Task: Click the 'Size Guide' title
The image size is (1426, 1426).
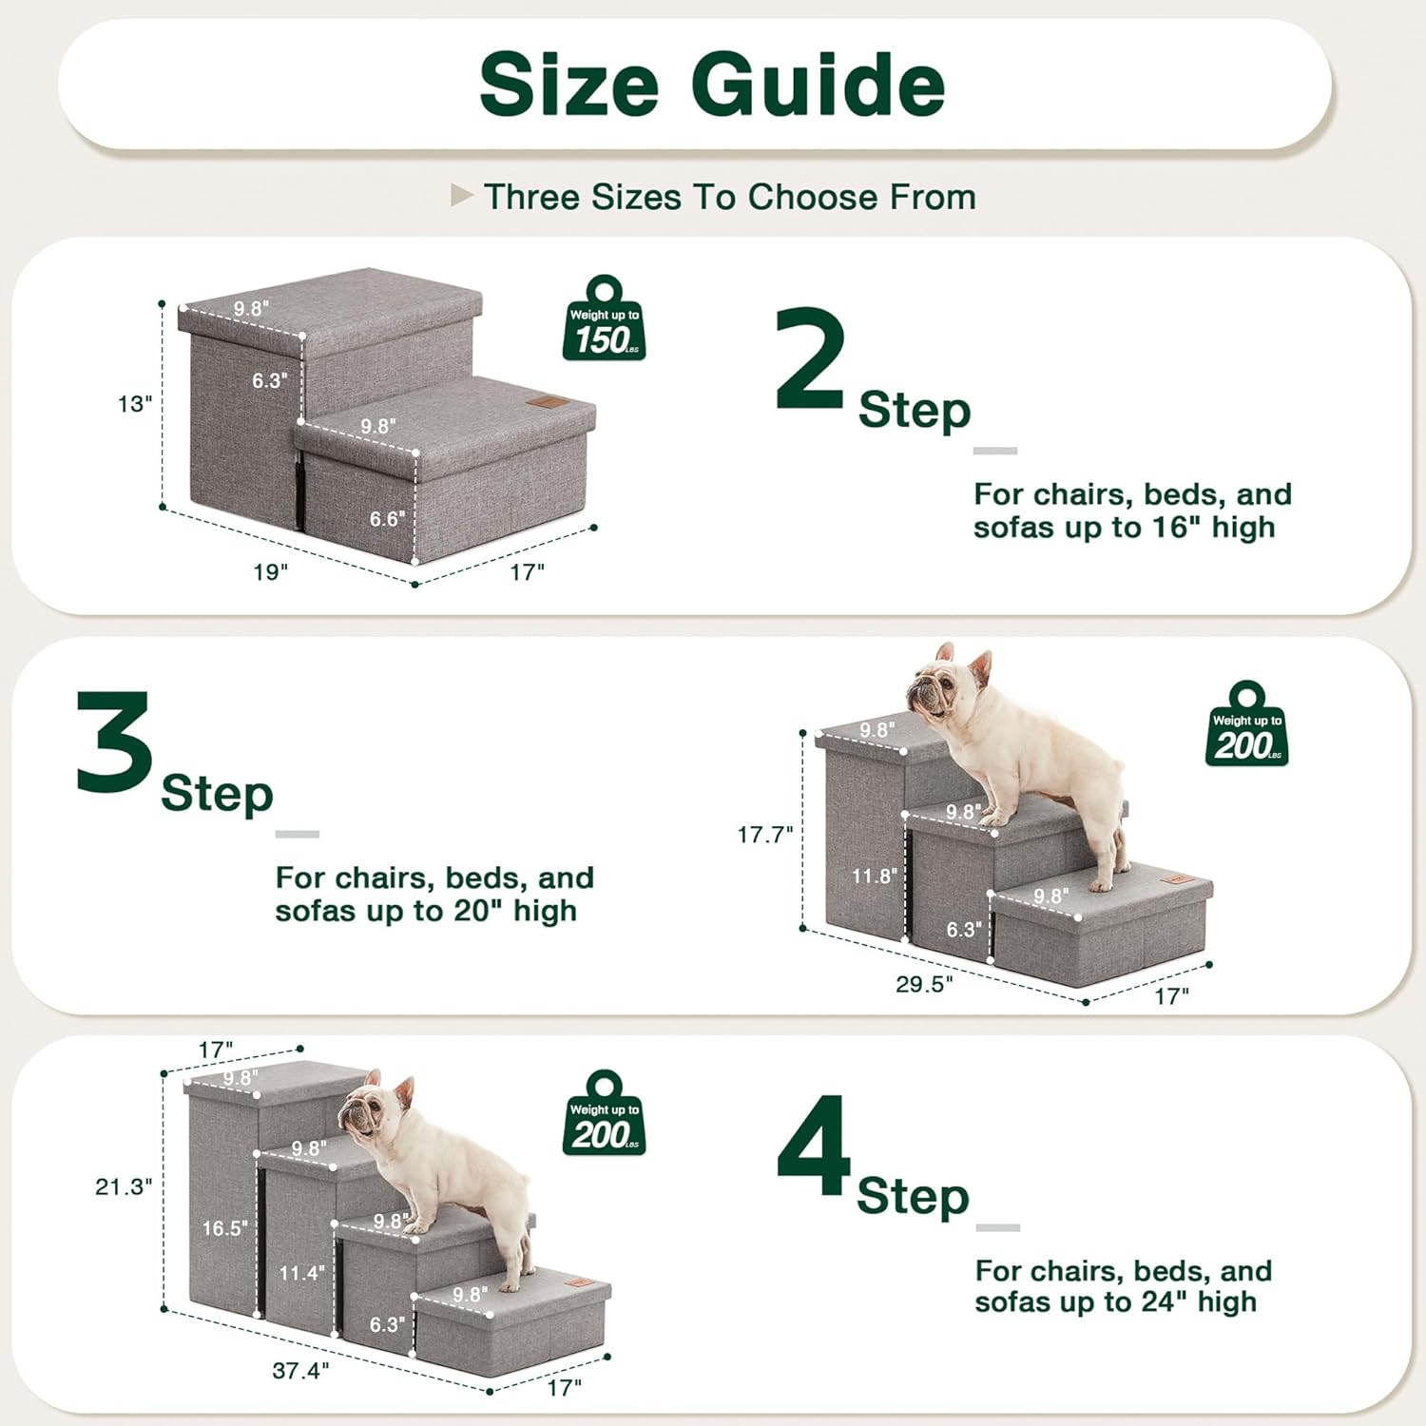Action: tap(712, 85)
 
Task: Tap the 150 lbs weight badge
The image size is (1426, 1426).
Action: tap(604, 319)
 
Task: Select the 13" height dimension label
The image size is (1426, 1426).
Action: tap(135, 404)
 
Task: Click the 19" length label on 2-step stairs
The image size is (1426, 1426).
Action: tap(270, 571)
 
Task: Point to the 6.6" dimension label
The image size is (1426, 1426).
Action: tap(387, 519)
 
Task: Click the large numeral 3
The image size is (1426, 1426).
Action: tap(114, 742)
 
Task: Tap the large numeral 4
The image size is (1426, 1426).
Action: tap(814, 1146)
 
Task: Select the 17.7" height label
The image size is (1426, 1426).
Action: tap(765, 835)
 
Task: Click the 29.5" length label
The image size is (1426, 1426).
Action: tap(923, 984)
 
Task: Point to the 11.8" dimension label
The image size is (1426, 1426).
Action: tap(874, 876)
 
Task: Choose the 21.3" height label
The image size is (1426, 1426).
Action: tap(124, 1186)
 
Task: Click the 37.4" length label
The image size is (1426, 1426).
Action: tap(300, 1371)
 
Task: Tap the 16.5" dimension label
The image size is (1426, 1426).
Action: tap(224, 1228)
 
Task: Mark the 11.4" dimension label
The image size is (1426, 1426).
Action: tap(301, 1273)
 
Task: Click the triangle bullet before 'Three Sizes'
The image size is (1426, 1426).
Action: tap(461, 196)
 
